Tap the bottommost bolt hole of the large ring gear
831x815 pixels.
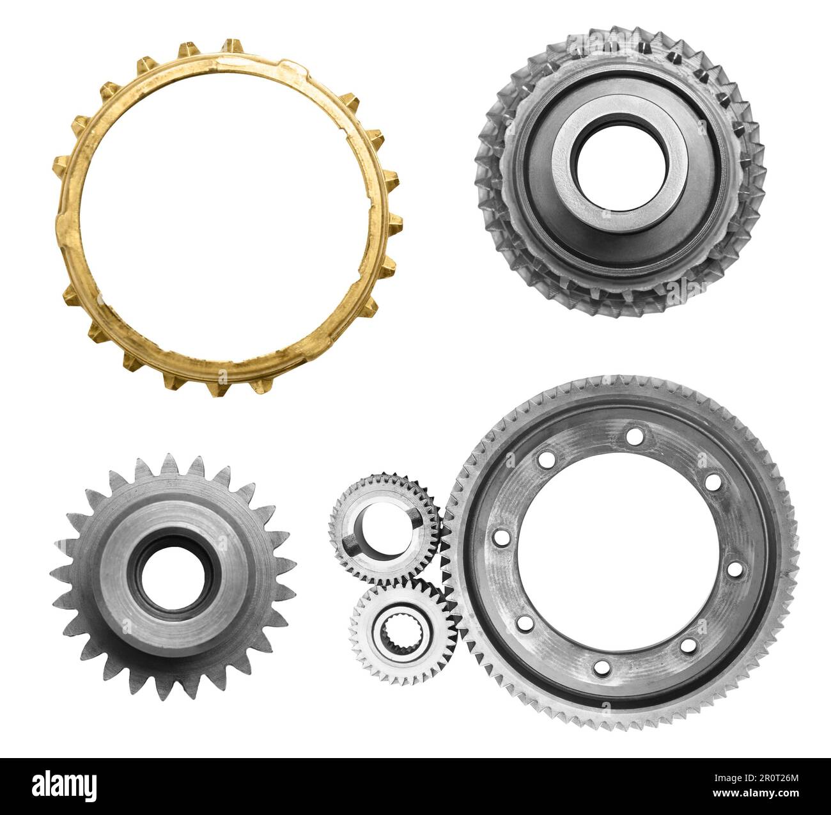coord(602,668)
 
